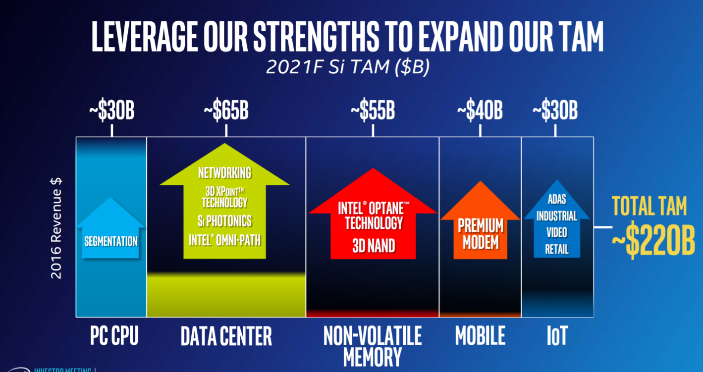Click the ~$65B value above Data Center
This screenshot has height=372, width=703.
[x=226, y=112]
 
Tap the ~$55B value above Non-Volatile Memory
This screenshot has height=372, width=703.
[x=373, y=112]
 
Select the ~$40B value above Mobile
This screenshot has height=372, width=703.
[x=480, y=112]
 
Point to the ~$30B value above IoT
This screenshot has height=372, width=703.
[x=555, y=112]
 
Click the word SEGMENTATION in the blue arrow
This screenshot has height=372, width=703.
[x=111, y=242]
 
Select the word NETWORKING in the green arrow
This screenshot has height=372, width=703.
[x=224, y=173]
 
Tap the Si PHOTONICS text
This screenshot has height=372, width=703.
[x=224, y=220]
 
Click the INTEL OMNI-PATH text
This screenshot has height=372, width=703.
[x=224, y=240]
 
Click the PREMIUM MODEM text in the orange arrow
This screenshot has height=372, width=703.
[x=481, y=234]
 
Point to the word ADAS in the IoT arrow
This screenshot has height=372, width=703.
[x=557, y=200]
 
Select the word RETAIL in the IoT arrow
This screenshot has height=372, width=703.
[x=557, y=249]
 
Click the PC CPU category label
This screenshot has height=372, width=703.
[x=114, y=336]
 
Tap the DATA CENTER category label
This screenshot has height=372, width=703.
[x=226, y=336]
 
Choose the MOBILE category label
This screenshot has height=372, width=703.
[x=480, y=336]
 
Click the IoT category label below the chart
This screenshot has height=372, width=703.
[x=557, y=336]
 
